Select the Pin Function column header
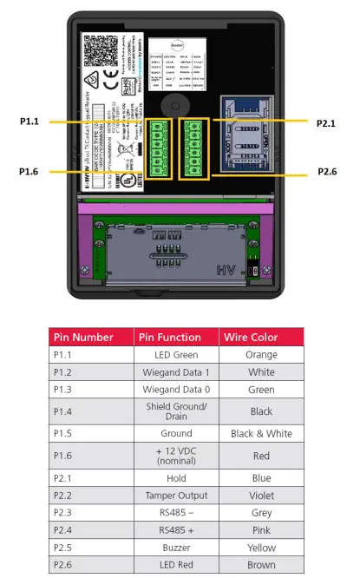(176, 337)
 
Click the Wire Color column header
(261, 337)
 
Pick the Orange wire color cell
(261, 355)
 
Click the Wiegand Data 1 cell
(176, 371)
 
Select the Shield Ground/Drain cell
(176, 411)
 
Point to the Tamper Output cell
(176, 496)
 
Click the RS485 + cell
(176, 530)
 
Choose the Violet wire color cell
(261, 496)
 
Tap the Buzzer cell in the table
(176, 548)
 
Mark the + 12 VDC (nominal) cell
(176, 456)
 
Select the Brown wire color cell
(261, 565)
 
